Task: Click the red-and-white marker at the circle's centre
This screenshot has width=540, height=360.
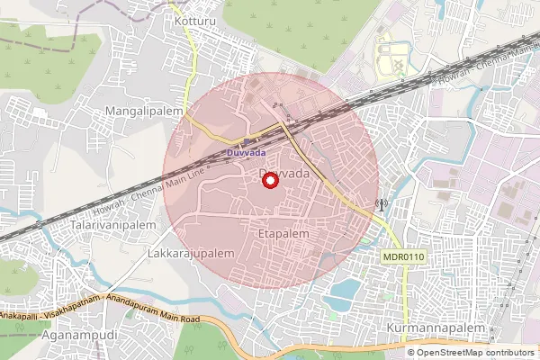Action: pyautogui.click(x=269, y=181)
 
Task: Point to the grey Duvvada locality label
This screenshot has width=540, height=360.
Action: pyautogui.click(x=283, y=172)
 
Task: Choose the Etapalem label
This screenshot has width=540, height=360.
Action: pyautogui.click(x=283, y=233)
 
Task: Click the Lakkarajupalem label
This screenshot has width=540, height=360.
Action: pyautogui.click(x=189, y=254)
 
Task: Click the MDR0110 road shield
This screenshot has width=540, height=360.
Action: pyautogui.click(x=403, y=256)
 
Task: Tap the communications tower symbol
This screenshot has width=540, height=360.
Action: pyautogui.click(x=381, y=204)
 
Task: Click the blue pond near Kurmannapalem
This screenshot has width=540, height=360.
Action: pyautogui.click(x=343, y=293)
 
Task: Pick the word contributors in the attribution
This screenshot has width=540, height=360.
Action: pyautogui.click(x=508, y=352)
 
